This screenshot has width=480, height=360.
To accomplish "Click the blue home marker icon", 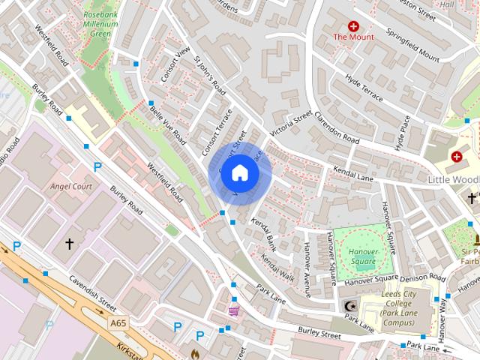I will [239, 173].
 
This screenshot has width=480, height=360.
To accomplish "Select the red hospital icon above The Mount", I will [353, 25].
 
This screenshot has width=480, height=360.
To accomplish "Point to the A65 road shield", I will [116, 322].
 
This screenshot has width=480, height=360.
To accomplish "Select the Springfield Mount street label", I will [412, 44].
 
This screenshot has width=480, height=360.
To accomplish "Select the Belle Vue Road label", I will [168, 125].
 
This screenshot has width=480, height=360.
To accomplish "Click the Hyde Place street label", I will [403, 130].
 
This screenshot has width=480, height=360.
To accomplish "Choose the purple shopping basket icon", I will [234, 310].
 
